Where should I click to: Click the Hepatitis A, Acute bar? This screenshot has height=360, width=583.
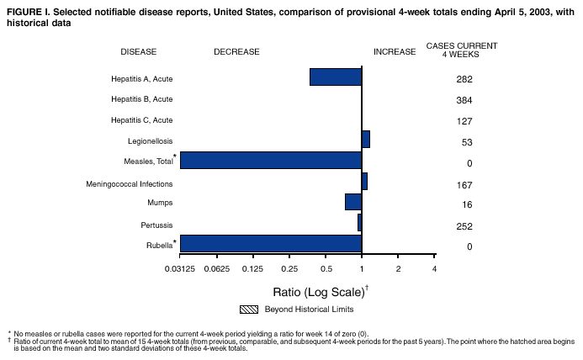(336, 77)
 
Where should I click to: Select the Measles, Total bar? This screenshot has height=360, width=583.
(271, 160)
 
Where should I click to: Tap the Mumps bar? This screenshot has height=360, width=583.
(353, 202)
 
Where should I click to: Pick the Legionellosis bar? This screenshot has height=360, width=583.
(366, 140)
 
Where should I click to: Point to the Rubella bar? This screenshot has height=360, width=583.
(271, 243)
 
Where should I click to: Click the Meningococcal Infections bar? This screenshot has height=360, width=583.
(364, 181)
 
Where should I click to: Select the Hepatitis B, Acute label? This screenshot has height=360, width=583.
(141, 99)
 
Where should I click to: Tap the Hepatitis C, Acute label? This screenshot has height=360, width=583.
(141, 120)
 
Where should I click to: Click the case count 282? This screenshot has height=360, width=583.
(464, 80)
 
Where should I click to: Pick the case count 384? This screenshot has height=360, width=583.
(464, 100)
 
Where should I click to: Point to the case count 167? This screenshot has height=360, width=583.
(464, 184)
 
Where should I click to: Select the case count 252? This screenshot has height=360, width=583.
(464, 226)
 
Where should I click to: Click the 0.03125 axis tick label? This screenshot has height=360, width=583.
(180, 268)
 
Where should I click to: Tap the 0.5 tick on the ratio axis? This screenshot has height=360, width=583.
(326, 268)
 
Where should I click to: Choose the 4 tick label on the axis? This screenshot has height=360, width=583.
(434, 268)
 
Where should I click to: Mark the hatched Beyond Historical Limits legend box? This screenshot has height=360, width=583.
(249, 310)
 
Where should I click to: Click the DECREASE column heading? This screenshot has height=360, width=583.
(236, 51)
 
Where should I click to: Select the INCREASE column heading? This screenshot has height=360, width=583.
(395, 51)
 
